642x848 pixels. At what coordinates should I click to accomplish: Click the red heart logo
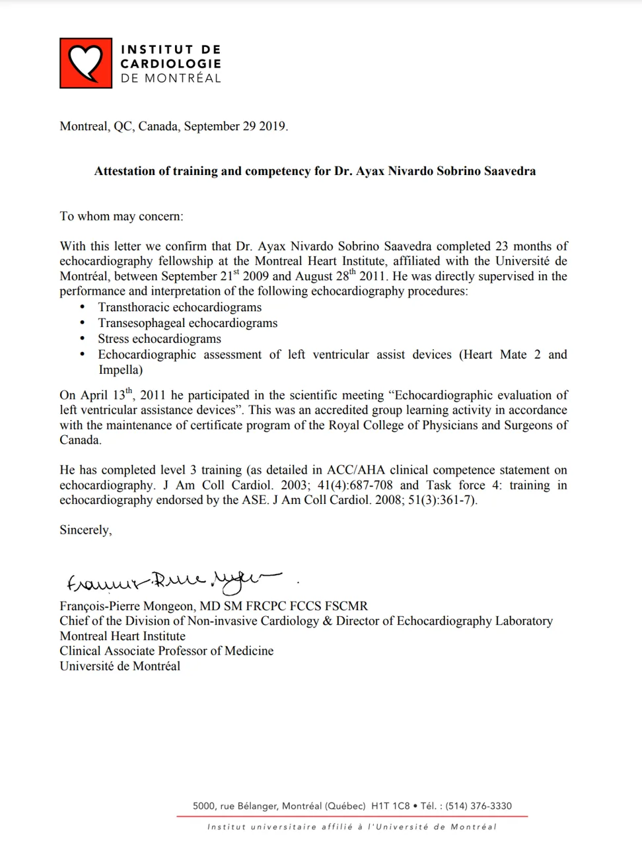coord(86,63)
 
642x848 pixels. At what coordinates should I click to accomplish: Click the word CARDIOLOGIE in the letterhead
coord(170,63)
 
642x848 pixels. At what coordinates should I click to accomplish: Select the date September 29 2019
coord(236,126)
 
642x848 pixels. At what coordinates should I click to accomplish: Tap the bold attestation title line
coord(314,171)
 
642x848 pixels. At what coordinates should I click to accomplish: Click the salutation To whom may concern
coord(122,216)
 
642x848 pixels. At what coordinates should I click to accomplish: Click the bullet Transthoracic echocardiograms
coord(180,307)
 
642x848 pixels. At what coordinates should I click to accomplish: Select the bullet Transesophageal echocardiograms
coord(188,323)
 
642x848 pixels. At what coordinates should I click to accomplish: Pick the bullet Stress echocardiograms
coord(159,339)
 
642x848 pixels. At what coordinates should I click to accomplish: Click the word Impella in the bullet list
coord(120,370)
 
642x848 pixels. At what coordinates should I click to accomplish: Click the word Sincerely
coord(86,530)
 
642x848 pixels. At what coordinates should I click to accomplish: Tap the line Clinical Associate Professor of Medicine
coord(166,651)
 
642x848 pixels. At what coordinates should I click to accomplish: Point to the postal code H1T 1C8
coord(390,806)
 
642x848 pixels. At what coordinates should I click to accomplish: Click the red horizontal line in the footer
coord(351,817)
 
